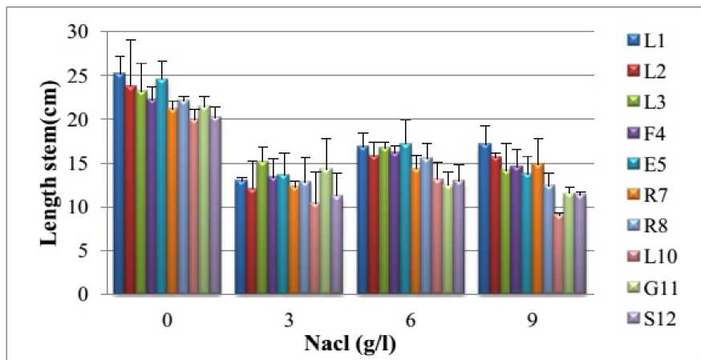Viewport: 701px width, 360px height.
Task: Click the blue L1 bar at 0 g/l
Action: [x=119, y=184]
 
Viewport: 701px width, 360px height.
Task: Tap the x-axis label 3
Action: [x=288, y=319]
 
